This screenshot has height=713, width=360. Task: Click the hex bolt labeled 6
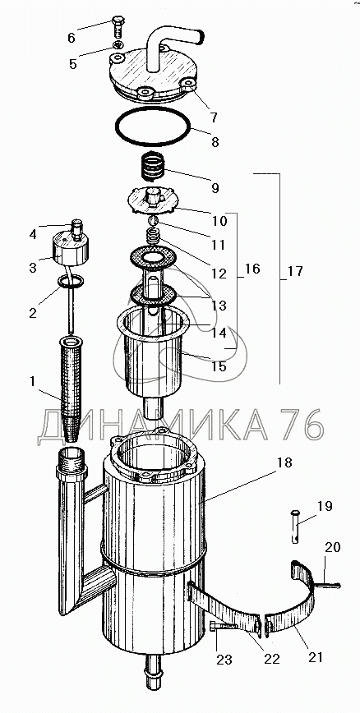point(118,28)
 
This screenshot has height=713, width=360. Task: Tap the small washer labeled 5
point(118,44)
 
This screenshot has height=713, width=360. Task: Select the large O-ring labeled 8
point(152,126)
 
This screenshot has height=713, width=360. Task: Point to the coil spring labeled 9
point(151,168)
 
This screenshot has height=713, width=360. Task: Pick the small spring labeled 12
point(153,237)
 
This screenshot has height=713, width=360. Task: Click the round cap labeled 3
point(71,249)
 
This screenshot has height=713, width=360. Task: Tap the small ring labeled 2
point(71,282)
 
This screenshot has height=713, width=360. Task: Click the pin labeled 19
point(296,527)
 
